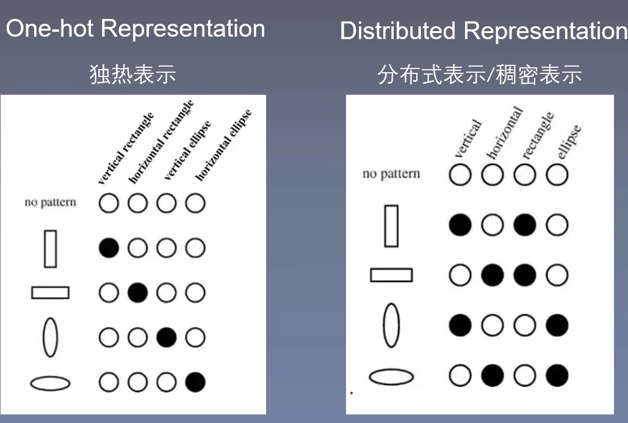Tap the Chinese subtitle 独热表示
pos(132,75)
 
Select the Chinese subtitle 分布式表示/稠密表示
pos(479,75)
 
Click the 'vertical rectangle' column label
pos(126,149)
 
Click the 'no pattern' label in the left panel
pos(50,202)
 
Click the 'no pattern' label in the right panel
pos(391,174)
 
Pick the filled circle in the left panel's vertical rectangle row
pos(109,248)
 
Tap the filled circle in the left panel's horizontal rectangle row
pos(137,293)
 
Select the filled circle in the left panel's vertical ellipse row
pos(166,337)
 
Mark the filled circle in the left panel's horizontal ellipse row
pos(195,382)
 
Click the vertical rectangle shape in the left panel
pos(50,248)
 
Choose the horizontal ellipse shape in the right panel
pos(391,377)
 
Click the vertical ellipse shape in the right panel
pos(391,325)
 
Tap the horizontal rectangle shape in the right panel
pos(391,275)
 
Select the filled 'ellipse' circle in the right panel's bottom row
pos(557,375)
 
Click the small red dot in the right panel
pos(352,393)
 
